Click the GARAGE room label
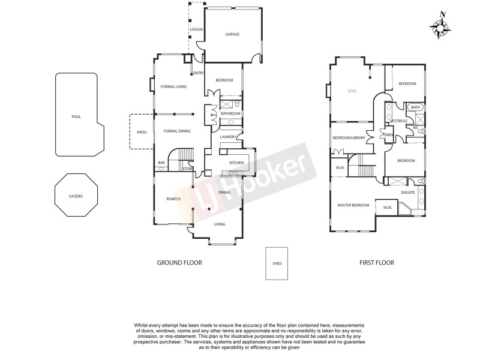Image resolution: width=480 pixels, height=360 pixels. click(x=232, y=34)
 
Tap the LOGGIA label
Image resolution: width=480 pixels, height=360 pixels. click(x=196, y=29)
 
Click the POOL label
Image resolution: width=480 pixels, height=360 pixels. click(x=76, y=117)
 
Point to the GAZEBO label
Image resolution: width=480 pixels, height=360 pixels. click(x=75, y=196)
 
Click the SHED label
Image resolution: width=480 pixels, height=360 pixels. click(x=277, y=263)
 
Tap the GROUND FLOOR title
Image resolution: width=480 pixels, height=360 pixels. click(x=179, y=263)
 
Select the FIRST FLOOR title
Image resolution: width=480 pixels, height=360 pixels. click(x=376, y=263)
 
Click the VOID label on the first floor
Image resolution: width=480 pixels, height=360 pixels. click(x=352, y=91)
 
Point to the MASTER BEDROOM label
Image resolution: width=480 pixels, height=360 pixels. click(x=353, y=205)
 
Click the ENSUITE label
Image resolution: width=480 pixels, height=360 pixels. click(x=408, y=193)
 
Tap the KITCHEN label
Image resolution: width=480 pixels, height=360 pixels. click(x=236, y=163)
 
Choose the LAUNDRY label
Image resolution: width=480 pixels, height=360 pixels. click(x=227, y=137)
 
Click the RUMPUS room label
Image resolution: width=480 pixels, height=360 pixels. click(x=166, y=199)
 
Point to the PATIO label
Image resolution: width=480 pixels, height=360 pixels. click(x=142, y=132)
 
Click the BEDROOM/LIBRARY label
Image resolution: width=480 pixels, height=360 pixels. click(x=349, y=137)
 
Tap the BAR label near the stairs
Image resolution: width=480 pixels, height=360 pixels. click(x=161, y=163)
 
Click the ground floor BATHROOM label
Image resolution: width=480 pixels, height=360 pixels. click(x=230, y=113)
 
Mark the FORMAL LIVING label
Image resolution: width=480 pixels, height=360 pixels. click(x=173, y=87)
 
